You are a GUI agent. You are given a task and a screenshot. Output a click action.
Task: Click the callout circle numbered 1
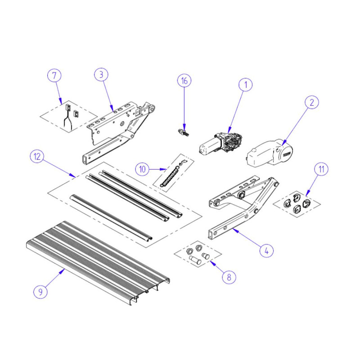coord(246,84)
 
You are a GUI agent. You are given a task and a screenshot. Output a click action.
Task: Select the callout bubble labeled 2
coord(311,103)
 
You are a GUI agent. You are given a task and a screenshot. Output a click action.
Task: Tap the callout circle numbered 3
coord(101,75)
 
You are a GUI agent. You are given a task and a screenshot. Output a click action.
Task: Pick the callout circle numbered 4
coord(267,250)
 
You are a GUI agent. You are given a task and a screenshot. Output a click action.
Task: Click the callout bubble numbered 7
coord(54,75)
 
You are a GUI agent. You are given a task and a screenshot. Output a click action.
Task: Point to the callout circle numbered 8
coord(229,277)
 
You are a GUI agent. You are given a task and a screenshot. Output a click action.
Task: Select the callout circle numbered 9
coord(40,292)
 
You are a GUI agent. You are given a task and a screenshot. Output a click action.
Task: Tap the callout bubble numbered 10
coord(143,169)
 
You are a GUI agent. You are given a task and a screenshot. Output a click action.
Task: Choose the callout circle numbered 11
coord(321,170)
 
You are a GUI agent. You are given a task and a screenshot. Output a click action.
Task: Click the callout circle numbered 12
coord(37,157)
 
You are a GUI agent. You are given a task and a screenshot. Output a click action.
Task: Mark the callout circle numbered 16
coord(184,81)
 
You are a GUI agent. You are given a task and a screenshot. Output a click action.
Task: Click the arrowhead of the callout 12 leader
coord(75,176)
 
